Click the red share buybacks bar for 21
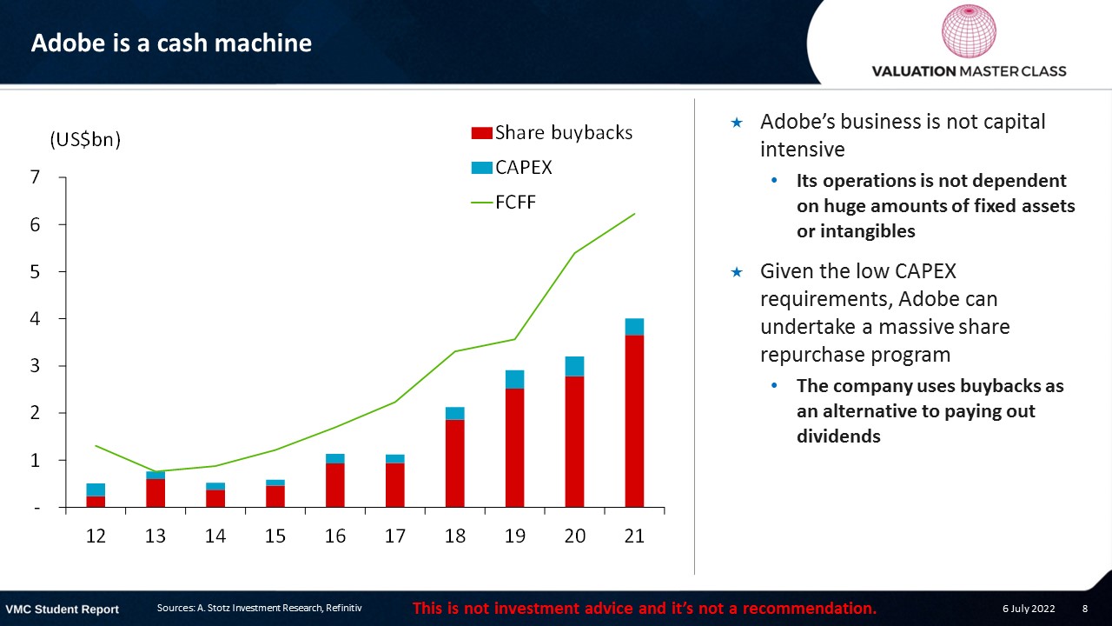click(x=634, y=422)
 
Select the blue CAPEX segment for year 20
click(x=574, y=366)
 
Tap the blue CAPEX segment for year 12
click(x=96, y=489)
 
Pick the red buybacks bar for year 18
click(x=454, y=463)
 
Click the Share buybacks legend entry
click(x=552, y=133)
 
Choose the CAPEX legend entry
click(x=512, y=168)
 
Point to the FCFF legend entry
click(x=503, y=203)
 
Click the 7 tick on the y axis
click(x=35, y=177)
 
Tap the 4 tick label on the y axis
click(x=35, y=318)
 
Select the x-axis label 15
click(x=275, y=536)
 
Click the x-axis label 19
click(x=515, y=536)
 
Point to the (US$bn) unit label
click(x=85, y=140)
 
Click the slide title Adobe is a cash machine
click(x=171, y=43)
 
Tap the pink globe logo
click(x=969, y=30)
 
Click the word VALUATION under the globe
click(x=913, y=71)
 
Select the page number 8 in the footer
click(x=1085, y=609)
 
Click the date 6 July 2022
click(x=1029, y=609)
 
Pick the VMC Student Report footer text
click(x=62, y=609)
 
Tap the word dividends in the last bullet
click(x=838, y=436)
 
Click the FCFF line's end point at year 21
click(x=634, y=214)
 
